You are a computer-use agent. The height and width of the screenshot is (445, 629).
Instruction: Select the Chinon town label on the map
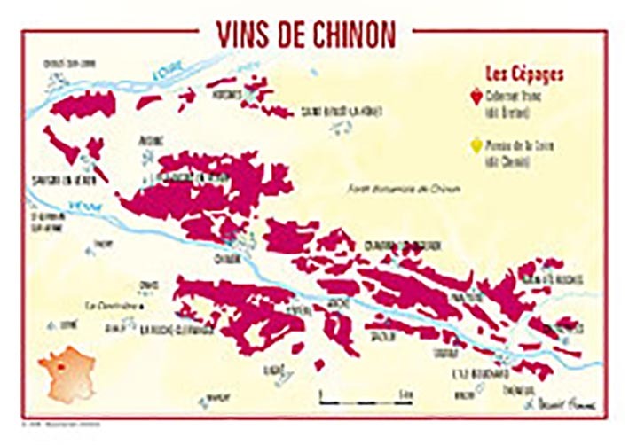click(227, 259)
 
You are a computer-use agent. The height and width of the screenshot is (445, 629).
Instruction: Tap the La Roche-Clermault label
click(177, 330)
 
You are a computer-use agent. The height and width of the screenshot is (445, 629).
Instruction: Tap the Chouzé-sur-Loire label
click(62, 63)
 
